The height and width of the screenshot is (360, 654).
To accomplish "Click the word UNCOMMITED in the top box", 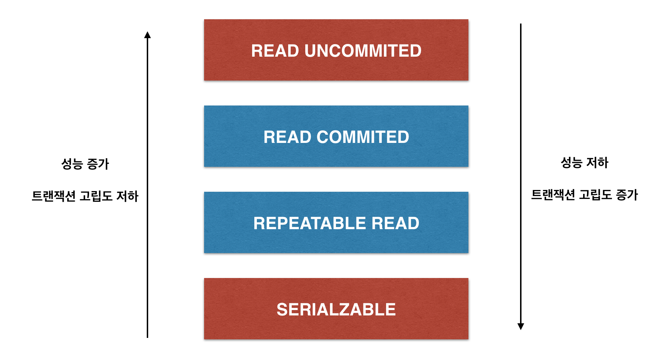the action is [363, 51].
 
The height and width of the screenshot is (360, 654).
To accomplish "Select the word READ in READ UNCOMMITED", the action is [275, 51].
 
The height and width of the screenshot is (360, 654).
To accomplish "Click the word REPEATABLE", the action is [309, 223].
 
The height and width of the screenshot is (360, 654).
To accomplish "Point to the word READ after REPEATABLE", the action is [395, 223].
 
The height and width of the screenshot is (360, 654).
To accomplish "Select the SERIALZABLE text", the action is [336, 309].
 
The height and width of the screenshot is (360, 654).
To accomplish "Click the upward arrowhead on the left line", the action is [147, 35].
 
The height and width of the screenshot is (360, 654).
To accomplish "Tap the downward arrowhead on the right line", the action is [520, 326].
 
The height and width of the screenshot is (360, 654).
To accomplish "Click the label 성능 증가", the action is [85, 164].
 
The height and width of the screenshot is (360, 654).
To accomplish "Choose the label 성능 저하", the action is [585, 163].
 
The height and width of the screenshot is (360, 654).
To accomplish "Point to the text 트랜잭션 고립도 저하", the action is [85, 196].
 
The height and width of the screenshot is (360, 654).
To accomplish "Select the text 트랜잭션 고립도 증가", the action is [584, 195].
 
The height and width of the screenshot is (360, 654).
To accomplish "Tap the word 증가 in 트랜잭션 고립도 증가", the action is [627, 195].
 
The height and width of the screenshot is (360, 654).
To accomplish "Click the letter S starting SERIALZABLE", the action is [282, 309].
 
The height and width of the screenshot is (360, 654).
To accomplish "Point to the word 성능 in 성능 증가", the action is [72, 164].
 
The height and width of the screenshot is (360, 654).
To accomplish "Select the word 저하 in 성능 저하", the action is [597, 163].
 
